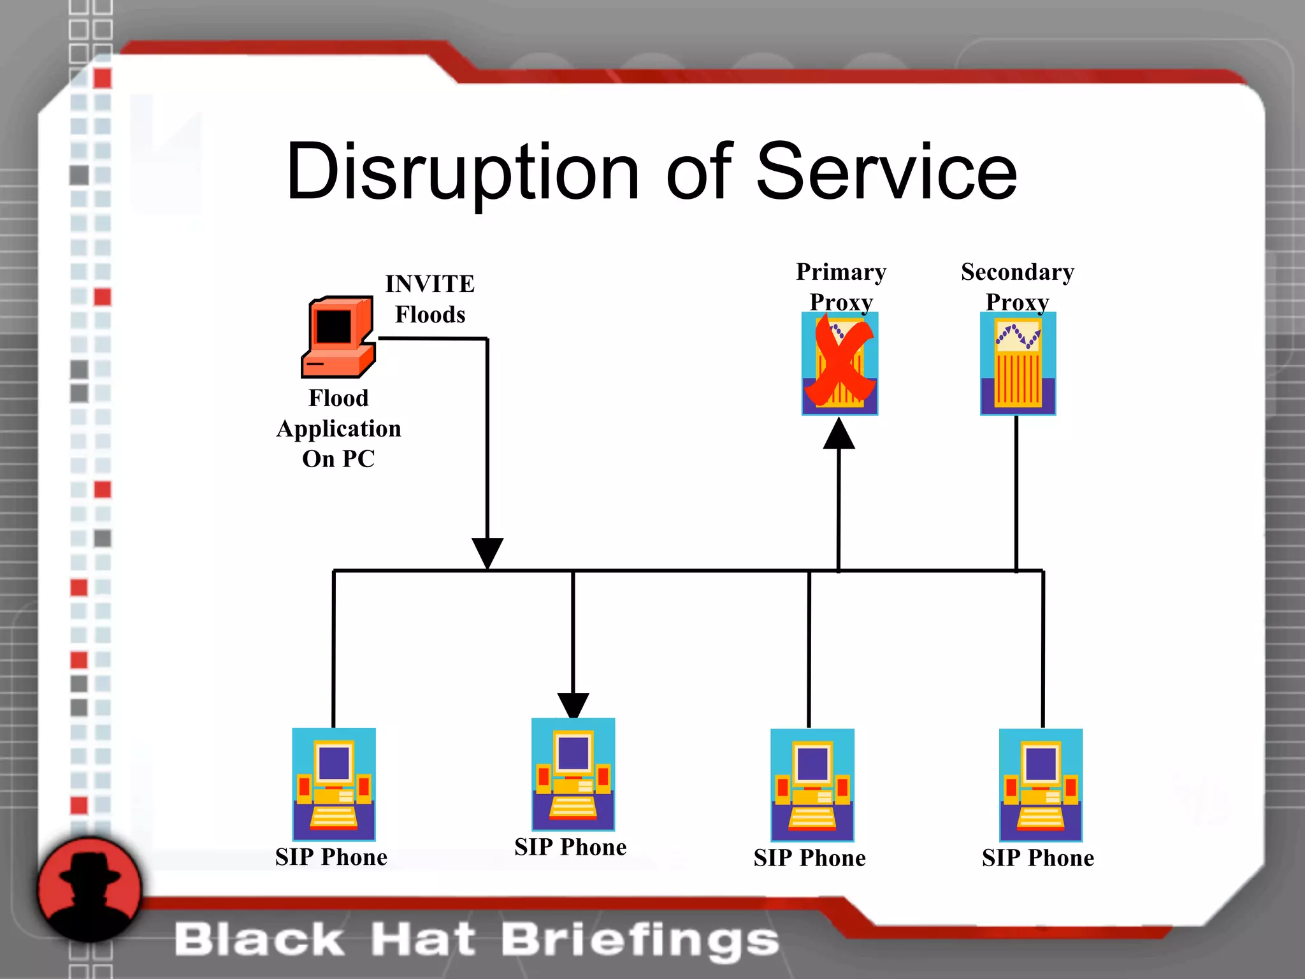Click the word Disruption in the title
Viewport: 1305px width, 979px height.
[x=462, y=172]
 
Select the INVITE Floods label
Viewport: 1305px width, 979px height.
[x=430, y=299]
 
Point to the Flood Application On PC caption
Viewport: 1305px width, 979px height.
[x=338, y=428]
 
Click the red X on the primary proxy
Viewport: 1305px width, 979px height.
[x=840, y=362]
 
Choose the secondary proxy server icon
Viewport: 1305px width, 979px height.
[x=1018, y=363]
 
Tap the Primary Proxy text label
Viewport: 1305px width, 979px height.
[x=841, y=286]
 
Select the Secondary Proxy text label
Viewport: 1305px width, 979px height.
[x=1018, y=286]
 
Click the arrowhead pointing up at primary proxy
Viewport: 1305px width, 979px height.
[x=839, y=435]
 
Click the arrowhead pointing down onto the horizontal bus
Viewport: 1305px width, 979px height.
[x=487, y=552]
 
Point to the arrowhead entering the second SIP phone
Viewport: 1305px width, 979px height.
[x=573, y=705]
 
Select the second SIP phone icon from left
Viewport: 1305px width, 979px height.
[x=573, y=774]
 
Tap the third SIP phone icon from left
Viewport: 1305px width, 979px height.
[x=812, y=785]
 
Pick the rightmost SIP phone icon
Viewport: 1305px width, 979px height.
[x=1041, y=785]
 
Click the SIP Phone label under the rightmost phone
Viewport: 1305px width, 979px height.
[x=1038, y=858]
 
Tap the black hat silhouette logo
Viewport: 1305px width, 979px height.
[x=89, y=890]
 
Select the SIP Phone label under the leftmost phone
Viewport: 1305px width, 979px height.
[x=331, y=857]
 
